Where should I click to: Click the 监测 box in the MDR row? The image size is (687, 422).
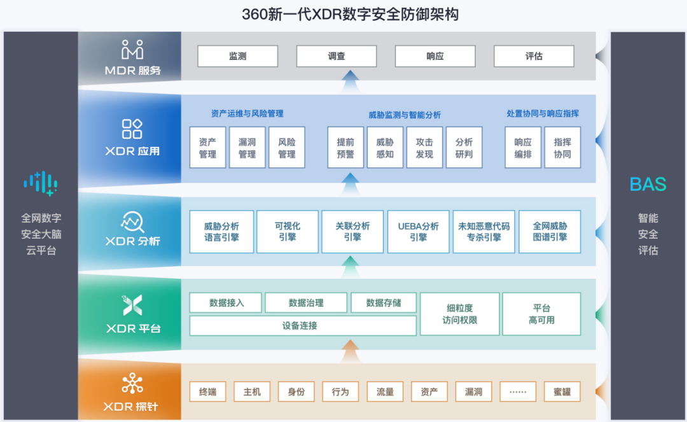click(237, 56)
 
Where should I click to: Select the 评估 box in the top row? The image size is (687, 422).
click(534, 56)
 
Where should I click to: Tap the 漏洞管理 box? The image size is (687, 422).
click(247, 148)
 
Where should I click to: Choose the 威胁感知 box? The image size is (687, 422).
click(385, 148)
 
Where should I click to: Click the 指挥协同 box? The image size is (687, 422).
click(562, 148)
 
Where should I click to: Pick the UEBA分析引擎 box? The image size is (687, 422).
click(418, 232)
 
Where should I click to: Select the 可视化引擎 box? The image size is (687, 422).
click(288, 232)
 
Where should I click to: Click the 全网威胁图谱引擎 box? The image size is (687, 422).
click(550, 232)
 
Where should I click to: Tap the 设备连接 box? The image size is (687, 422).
click(303, 326)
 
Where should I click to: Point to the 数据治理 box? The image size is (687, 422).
click(306, 303)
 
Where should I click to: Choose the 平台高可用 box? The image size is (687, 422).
click(541, 314)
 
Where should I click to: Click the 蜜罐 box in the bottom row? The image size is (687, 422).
click(562, 391)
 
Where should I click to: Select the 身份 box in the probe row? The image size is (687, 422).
click(296, 391)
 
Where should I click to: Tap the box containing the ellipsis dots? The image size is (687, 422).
click(518, 391)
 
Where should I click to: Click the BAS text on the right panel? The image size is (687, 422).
click(648, 185)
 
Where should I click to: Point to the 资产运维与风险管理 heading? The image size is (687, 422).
click(247, 114)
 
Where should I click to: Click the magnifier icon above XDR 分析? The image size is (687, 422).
click(132, 222)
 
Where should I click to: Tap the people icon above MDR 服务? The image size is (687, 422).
click(132, 49)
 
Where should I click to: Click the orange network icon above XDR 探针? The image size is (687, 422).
click(132, 383)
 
